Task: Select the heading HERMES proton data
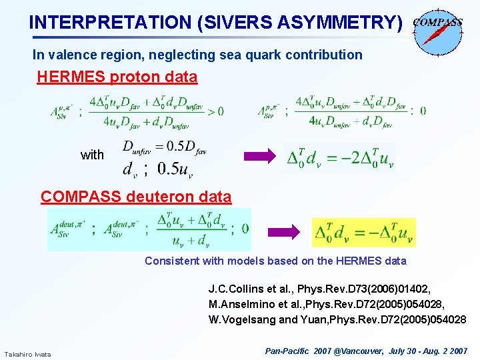117,77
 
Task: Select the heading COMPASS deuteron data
136,197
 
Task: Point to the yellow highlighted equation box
363,232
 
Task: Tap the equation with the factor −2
339,157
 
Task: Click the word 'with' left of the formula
92,155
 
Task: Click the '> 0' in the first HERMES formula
215,111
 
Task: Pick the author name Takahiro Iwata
27,353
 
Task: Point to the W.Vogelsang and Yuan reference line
337,319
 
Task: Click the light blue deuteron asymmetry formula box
149,229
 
